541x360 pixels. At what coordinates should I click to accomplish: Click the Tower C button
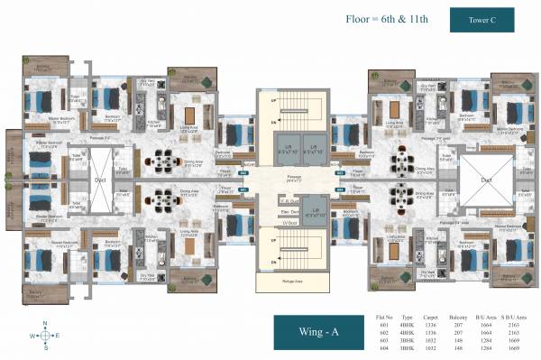[x=481, y=19]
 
